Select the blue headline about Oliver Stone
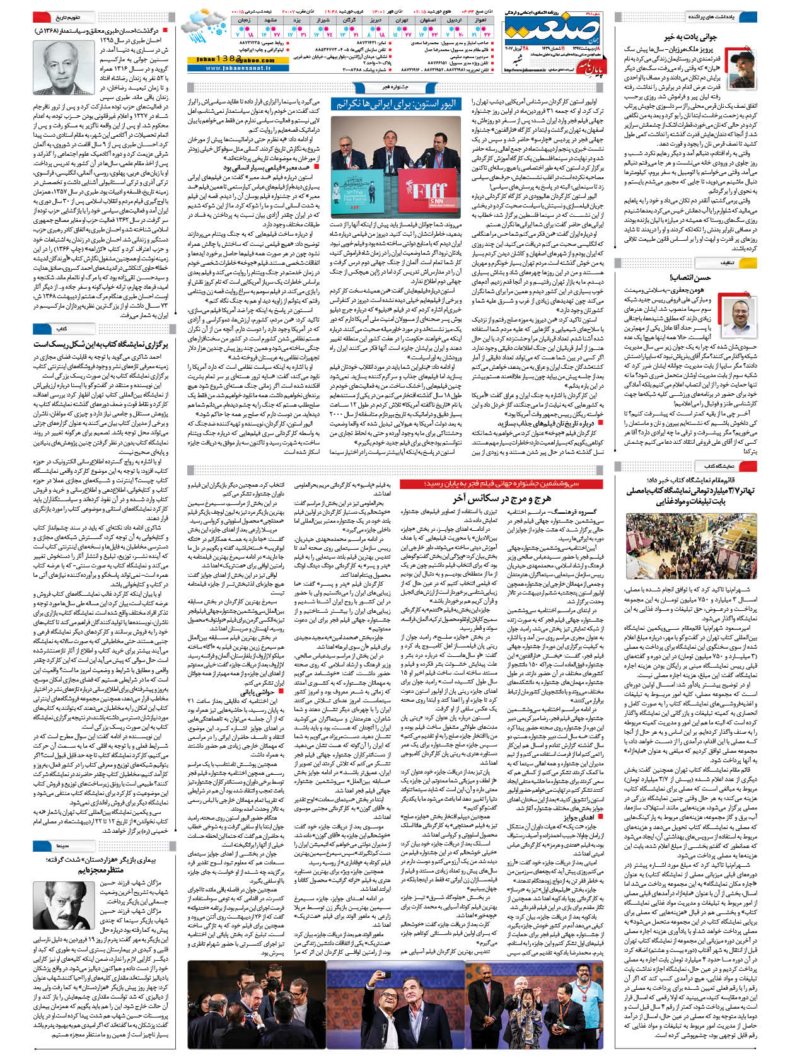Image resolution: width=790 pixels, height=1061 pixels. [395, 103]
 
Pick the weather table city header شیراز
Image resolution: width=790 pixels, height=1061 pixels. [323, 20]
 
